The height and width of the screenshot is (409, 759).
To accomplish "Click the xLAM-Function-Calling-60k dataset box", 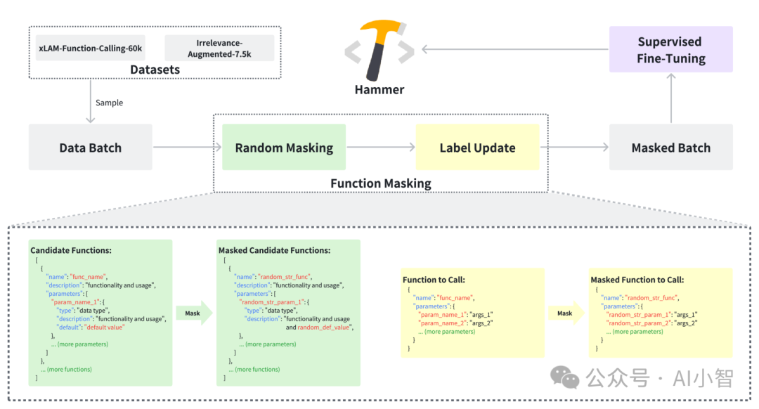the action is pyautogui.click(x=91, y=48).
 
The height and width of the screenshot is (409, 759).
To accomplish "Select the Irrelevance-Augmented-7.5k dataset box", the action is pyautogui.click(x=219, y=48).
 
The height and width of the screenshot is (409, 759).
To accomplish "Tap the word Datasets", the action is pyautogui.click(x=155, y=70).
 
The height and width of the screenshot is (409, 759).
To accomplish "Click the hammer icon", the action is pyautogui.click(x=379, y=50).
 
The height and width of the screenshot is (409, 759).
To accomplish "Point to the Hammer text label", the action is pyautogui.click(x=379, y=89).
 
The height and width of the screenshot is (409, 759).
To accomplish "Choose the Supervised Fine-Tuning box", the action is pyautogui.click(x=671, y=49).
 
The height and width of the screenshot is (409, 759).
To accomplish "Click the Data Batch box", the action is pyautogui.click(x=91, y=147).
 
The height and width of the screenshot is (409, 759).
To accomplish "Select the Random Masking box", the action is pyautogui.click(x=284, y=147).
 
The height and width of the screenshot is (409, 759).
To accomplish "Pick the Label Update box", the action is pyautogui.click(x=477, y=147).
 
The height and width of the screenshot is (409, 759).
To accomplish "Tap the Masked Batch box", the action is pyautogui.click(x=671, y=147).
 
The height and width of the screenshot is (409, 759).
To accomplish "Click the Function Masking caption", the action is pyautogui.click(x=381, y=183).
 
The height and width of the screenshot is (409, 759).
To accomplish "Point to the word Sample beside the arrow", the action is pyautogui.click(x=110, y=103).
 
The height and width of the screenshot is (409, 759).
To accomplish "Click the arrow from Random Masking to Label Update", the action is pyautogui.click(x=381, y=147).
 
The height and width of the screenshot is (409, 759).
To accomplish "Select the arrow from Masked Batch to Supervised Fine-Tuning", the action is pyautogui.click(x=671, y=98).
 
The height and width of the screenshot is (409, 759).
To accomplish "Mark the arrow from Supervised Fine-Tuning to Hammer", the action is pyautogui.click(x=515, y=49).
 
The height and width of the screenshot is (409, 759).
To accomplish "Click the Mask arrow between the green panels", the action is pyautogui.click(x=194, y=313).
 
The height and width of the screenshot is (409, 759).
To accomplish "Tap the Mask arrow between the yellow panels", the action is pyautogui.click(x=566, y=313).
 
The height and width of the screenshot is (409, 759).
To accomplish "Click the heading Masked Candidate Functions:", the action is pyautogui.click(x=275, y=250).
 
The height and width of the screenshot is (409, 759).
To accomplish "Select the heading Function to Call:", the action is pyautogui.click(x=434, y=280).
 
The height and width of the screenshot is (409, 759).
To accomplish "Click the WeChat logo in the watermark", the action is pyautogui.click(x=564, y=377).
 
